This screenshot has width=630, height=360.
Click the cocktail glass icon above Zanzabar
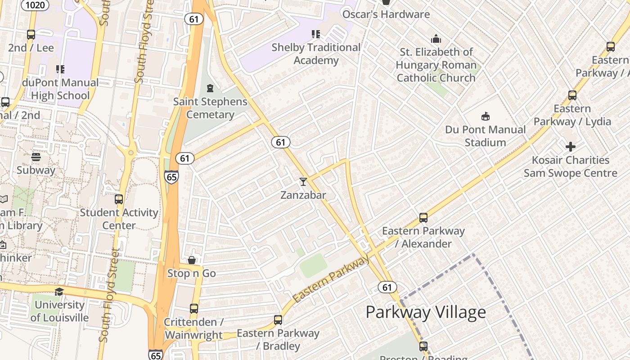[303, 181]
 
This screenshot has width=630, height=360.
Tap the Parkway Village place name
[425, 312]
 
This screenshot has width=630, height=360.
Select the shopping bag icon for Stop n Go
[192, 260]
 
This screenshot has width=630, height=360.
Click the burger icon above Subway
[36, 157]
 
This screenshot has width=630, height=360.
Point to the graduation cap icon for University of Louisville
[59, 292]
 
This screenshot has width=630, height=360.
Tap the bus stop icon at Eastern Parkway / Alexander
[423, 218]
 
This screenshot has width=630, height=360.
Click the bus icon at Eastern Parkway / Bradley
[278, 320]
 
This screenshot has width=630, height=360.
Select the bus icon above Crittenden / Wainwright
[193, 309]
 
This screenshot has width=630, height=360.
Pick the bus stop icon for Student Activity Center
[119, 199]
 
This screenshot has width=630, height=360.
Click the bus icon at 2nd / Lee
[31, 35]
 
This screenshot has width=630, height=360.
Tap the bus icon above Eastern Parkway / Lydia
[572, 95]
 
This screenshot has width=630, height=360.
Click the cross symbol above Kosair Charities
[570, 147]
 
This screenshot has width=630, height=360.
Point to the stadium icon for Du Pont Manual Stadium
[485, 117]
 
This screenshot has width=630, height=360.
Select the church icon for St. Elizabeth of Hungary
[436, 39]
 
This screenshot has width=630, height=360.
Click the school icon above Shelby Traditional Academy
[316, 34]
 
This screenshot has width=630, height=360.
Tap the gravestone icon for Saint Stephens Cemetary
[210, 88]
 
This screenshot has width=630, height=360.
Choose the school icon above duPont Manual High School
[60, 69]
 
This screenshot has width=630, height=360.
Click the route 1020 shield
[36, 5]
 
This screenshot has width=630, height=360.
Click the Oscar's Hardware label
[386, 14]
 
